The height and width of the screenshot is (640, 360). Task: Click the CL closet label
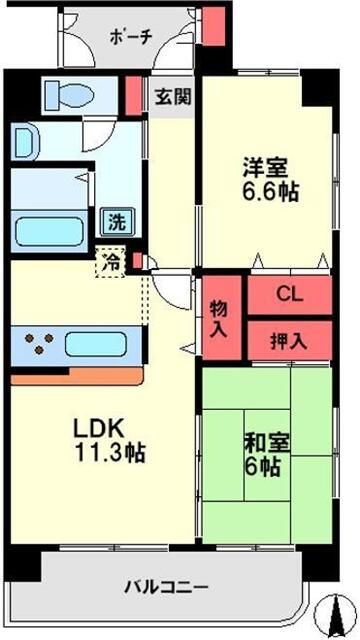(x=288, y=294)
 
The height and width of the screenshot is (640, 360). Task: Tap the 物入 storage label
(x=220, y=319)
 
